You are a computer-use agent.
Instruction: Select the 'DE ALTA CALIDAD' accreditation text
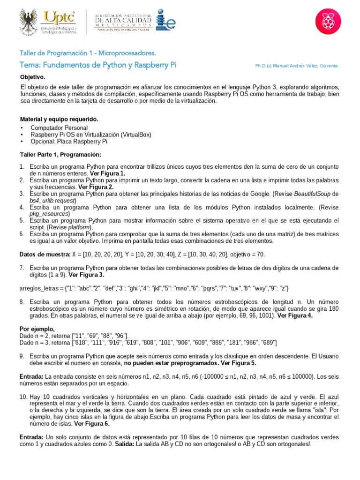[123, 21]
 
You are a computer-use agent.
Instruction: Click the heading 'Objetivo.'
[32, 76]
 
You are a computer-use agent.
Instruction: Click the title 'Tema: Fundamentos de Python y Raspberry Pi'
[98, 65]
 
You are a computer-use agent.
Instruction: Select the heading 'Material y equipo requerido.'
[59, 119]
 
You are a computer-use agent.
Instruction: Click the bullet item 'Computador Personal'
[59, 127]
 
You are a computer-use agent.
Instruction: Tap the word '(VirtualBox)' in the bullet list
[135, 135]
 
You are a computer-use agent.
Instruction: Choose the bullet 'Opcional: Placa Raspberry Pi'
[69, 141]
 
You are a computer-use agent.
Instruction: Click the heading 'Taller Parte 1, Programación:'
[60, 154]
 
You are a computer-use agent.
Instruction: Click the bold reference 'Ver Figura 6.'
[92, 423]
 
